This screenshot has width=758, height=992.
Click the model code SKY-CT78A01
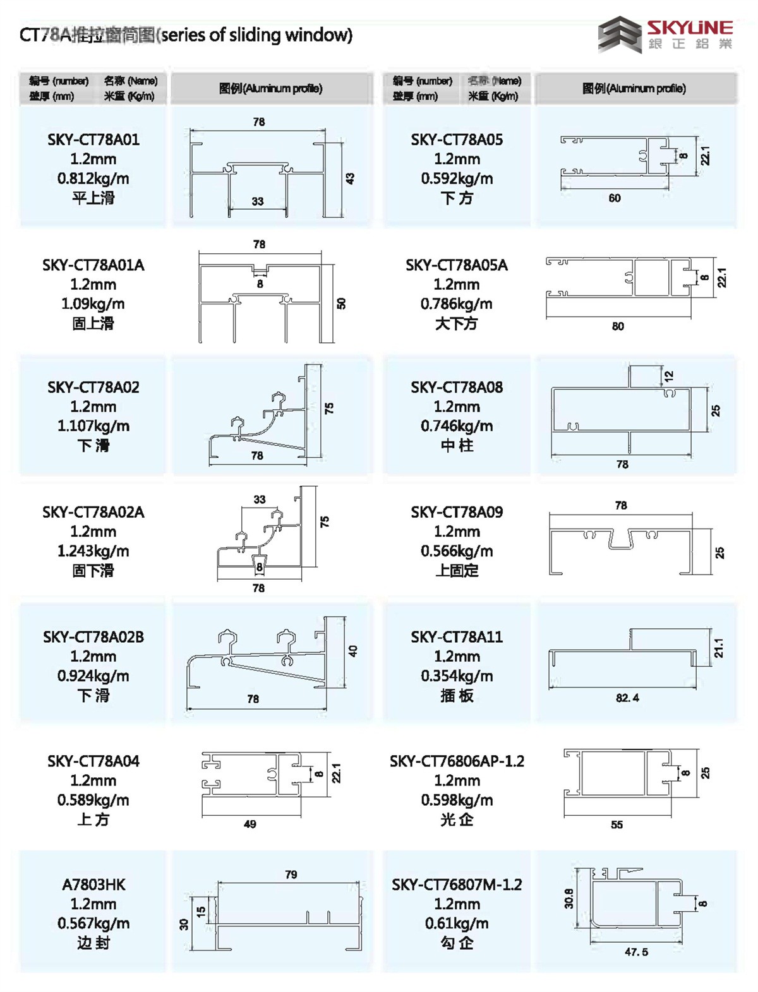click(93, 140)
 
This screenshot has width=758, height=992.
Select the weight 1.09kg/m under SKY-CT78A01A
click(93, 304)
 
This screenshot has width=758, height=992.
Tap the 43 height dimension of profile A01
click(350, 179)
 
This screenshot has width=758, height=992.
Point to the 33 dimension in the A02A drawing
click(260, 499)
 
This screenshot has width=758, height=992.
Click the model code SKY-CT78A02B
click(93, 637)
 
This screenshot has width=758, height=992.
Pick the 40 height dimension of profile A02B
click(352, 651)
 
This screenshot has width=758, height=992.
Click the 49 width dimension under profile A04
click(250, 824)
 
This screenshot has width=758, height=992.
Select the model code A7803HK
click(93, 885)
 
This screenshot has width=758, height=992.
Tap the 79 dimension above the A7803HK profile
click(291, 875)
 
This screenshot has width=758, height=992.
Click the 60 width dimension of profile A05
click(615, 198)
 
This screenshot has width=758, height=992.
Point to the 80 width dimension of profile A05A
click(618, 326)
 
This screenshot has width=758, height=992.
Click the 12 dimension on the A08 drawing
click(669, 376)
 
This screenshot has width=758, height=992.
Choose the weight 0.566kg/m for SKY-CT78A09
click(457, 551)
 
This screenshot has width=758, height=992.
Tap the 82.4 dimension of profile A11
click(627, 698)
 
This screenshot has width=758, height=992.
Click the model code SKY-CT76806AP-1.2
click(457, 762)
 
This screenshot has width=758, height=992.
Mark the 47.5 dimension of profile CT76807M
click(636, 952)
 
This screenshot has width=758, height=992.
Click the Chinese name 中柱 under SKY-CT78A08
click(457, 445)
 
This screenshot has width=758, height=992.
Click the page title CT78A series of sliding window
click(186, 35)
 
